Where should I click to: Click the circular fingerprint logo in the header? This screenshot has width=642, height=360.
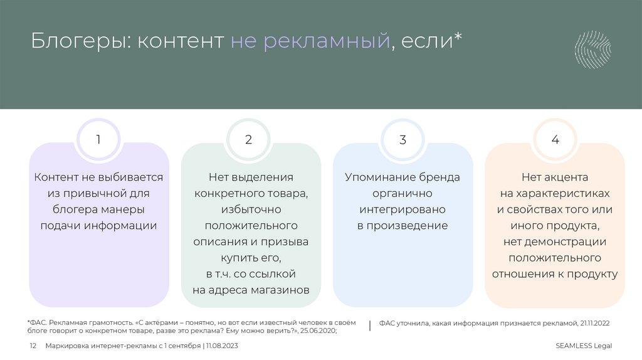click(x=593, y=50)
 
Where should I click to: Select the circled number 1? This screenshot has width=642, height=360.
click(x=98, y=140)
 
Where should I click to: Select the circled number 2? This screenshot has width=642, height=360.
click(x=249, y=140)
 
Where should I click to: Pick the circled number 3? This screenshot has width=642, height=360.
click(x=403, y=140)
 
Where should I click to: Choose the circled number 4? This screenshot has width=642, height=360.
click(x=555, y=140)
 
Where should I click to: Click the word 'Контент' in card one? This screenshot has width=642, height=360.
click(x=56, y=177)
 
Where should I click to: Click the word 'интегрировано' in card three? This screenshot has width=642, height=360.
click(x=403, y=209)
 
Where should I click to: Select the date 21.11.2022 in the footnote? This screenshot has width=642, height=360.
click(x=593, y=322)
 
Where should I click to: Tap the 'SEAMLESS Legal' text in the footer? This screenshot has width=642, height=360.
click(x=584, y=346)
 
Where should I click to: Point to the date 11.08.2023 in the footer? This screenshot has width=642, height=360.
click(x=221, y=346)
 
